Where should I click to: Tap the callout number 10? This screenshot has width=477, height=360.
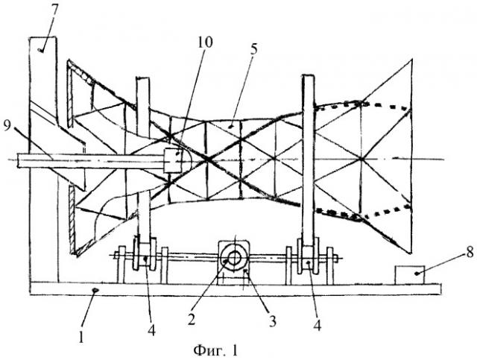point(205,42)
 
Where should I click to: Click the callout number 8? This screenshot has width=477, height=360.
point(470,252)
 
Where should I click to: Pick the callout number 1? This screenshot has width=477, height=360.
point(81,337)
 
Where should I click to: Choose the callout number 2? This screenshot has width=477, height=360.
point(192,319)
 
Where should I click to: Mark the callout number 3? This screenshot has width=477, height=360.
point(272,320)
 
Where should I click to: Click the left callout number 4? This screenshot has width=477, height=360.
point(151,330)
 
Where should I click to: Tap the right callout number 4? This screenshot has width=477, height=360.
point(317,326)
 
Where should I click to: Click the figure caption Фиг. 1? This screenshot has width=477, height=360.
point(215,350)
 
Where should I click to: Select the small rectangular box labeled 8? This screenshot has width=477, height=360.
point(410,275)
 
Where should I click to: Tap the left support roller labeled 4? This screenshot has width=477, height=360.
point(145,253)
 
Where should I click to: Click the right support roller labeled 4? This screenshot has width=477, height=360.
point(308,256)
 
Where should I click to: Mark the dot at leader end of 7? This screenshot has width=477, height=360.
point(40,50)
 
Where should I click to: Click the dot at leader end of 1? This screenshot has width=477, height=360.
point(95,291)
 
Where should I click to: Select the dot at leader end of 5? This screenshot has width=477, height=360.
point(232,125)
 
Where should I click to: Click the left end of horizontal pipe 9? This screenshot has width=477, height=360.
point(18,161)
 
